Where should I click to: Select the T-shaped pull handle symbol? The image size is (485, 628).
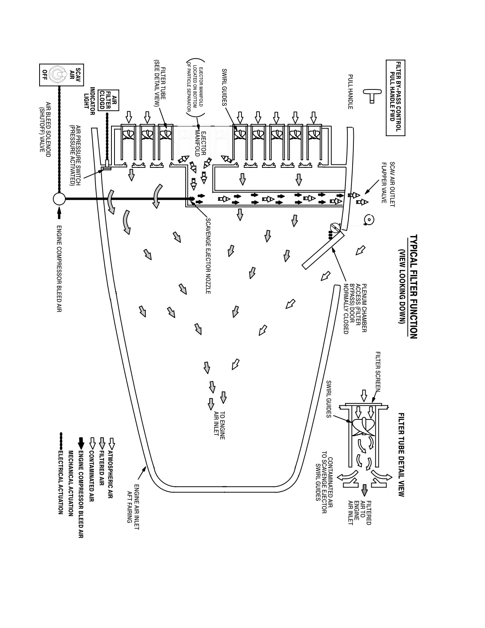(369, 96)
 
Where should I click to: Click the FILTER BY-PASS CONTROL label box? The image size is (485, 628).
(396, 98)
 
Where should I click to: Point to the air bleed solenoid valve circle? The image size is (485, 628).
(59, 199)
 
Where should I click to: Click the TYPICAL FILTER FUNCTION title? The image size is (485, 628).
(413, 286)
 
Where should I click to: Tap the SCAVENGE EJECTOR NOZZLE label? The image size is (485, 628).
(208, 256)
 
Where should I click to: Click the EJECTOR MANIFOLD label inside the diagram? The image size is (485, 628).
(200, 143)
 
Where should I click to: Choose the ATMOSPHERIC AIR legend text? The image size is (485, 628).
(110, 474)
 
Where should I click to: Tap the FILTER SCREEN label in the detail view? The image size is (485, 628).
(378, 371)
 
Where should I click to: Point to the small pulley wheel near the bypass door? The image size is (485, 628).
(369, 220)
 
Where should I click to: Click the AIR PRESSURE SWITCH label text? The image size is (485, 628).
(75, 155)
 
